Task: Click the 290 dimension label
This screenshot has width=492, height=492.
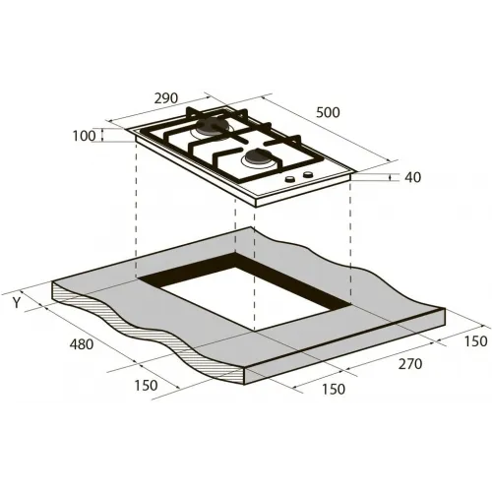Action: (166, 98)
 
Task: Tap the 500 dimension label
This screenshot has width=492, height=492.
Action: (328, 112)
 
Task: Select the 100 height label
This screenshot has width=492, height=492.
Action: (84, 136)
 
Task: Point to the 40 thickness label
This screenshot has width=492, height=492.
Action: (412, 177)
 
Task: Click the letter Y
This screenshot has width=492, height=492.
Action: (17, 303)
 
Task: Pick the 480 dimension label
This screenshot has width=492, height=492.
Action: (82, 344)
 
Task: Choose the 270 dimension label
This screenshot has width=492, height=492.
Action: (410, 364)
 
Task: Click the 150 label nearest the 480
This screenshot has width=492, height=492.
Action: (146, 386)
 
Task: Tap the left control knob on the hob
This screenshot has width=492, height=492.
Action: (290, 179)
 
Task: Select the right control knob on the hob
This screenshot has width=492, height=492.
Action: (308, 174)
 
